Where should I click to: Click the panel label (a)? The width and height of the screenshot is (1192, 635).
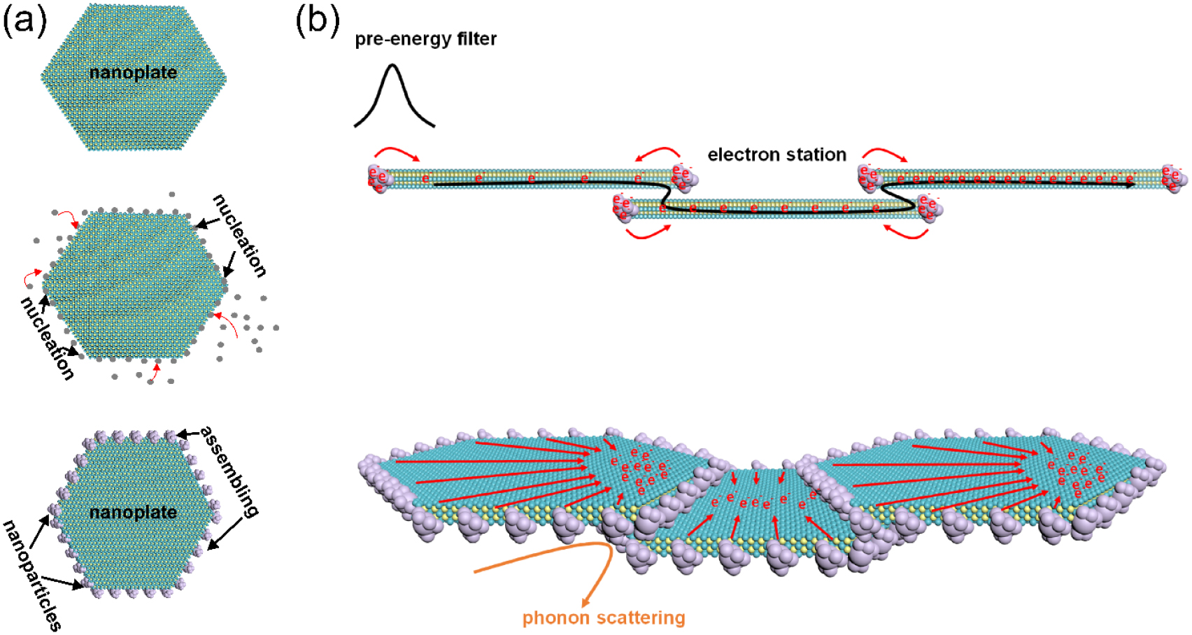[x=25, y=20]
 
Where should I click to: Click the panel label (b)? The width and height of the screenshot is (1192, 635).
[x=317, y=20]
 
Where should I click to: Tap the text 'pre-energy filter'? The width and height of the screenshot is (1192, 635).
[x=425, y=39]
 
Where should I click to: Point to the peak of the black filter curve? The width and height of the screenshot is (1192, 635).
[x=392, y=66]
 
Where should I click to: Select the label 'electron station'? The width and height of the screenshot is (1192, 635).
[x=776, y=155]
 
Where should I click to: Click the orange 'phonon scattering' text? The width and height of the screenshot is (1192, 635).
[x=604, y=618]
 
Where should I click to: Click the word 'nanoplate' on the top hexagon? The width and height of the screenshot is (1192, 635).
[x=133, y=73]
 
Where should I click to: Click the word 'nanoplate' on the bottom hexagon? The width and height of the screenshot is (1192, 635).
[x=133, y=513]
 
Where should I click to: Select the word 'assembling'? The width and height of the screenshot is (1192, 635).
[x=230, y=471]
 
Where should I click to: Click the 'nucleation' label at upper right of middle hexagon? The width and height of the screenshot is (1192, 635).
[x=240, y=236]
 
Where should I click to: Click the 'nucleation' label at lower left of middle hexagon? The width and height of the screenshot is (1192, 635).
[x=47, y=338]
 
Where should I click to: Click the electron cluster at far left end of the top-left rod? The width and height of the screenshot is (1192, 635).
[x=378, y=178]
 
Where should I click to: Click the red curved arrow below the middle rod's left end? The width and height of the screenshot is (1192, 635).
[x=647, y=233]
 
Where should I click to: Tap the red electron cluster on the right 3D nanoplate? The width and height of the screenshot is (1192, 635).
[x=1075, y=469]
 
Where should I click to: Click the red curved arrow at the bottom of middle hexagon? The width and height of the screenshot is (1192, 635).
[x=155, y=371]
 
